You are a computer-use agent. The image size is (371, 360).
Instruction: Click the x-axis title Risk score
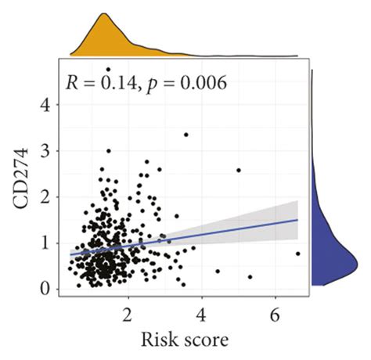(x=185, y=340)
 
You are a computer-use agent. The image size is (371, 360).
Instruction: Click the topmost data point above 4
(x=108, y=70)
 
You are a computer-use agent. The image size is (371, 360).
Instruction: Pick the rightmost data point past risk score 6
(x=298, y=254)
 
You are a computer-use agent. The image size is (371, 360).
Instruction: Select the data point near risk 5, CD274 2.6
(x=238, y=170)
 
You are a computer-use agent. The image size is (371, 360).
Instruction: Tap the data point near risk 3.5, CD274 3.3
(x=185, y=135)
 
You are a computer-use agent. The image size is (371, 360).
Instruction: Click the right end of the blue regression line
(x=298, y=220)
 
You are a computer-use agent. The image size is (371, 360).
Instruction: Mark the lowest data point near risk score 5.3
(x=250, y=277)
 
